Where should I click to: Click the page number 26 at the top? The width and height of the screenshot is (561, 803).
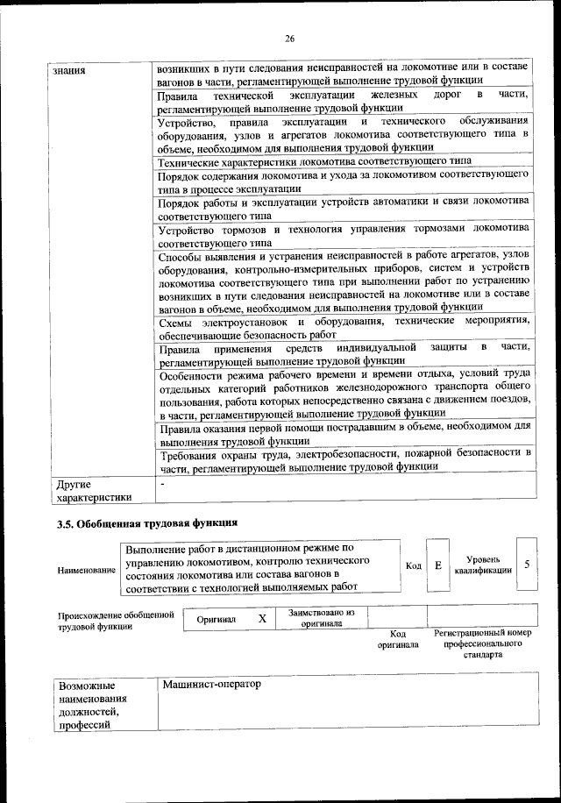coord(290,39)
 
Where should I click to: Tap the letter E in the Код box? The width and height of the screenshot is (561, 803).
coord(438,565)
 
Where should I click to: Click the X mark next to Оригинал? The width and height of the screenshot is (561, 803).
coord(261,618)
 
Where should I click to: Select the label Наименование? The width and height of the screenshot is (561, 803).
coord(87,571)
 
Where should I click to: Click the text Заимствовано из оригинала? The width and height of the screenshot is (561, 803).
coord(322,618)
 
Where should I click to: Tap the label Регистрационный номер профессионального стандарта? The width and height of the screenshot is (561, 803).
coord(482,643)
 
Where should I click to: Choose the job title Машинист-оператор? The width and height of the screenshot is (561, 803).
coord(212,683)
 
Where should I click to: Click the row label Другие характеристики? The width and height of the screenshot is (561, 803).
coord(93,490)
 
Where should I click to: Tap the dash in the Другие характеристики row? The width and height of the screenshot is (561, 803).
coord(161,483)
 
